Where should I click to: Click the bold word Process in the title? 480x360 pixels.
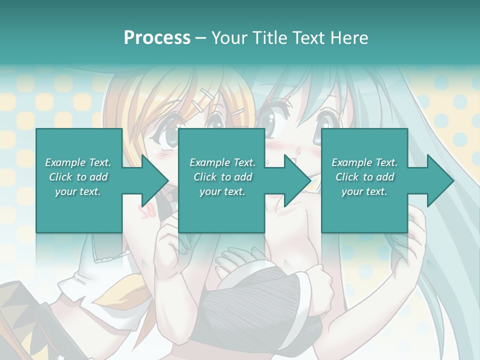click(x=157, y=38)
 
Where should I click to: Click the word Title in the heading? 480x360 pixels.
click(x=268, y=38)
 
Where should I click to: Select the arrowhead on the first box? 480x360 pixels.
click(x=150, y=180)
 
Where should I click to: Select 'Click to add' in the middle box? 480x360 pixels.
click(x=222, y=177)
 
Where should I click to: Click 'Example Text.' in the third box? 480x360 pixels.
click(x=364, y=162)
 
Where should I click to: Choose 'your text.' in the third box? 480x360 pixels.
click(x=364, y=191)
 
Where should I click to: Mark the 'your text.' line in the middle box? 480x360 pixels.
click(x=222, y=191)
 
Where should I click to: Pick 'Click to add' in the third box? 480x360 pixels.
click(x=364, y=177)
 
